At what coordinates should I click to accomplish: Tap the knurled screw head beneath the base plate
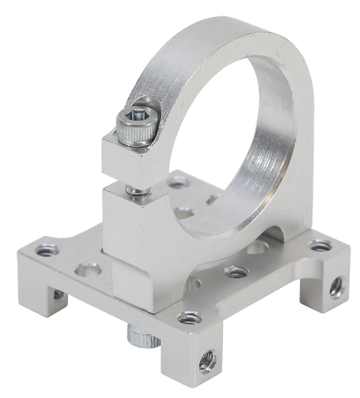(x=142, y=335)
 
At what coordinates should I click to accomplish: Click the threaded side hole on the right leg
(x=336, y=287)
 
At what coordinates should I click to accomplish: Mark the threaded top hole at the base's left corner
(x=47, y=250)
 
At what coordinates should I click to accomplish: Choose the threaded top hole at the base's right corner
(x=321, y=246)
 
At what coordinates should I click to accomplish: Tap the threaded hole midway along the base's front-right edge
(x=236, y=272)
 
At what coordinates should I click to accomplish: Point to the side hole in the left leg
(x=59, y=294)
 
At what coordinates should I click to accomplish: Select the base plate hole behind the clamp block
(x=179, y=181)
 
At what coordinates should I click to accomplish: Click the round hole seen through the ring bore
(x=184, y=213)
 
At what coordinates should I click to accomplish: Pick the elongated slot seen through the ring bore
(x=214, y=198)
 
